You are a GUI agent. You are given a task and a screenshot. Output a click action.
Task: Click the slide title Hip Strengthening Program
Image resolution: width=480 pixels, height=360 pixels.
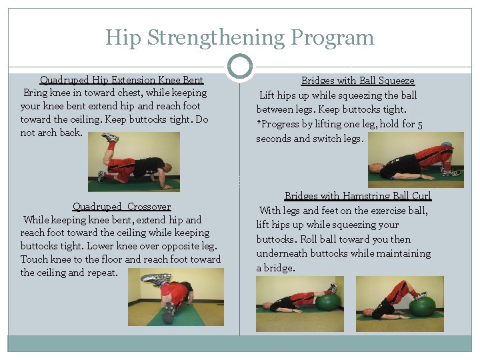pos(239,37)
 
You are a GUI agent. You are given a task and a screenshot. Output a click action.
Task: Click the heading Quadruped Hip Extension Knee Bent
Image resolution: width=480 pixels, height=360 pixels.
pos(121,81)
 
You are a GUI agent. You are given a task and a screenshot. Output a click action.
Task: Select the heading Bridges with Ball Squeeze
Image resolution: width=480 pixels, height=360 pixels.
pos(357,81)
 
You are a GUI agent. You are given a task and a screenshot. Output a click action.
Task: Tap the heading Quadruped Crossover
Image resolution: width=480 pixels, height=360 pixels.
pos(121,207)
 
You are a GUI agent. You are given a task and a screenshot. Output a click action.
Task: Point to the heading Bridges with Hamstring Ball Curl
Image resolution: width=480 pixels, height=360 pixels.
pos(357,196)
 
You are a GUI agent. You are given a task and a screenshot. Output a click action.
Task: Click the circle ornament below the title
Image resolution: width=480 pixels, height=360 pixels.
pos(240,67)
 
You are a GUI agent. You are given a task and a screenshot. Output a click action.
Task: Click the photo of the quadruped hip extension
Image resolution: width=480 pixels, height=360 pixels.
pos(133,161)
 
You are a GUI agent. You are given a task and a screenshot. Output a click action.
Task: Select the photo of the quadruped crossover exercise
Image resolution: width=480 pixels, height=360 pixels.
pos(167,297)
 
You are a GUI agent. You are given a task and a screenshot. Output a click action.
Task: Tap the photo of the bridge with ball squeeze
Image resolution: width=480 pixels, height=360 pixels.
pos(410,155)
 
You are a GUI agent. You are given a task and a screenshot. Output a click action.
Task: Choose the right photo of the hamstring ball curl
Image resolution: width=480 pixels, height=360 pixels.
pos(399,303)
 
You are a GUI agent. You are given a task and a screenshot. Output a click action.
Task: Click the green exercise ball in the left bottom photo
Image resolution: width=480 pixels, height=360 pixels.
pos(327,301)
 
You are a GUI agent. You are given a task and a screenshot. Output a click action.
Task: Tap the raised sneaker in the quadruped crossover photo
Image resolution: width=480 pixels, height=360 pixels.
pos(155,279)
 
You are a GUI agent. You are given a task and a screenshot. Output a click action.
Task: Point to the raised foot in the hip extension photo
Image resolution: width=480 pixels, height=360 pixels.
pos(109,139)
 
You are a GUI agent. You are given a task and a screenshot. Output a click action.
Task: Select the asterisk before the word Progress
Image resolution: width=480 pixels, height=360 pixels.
pos(259,125)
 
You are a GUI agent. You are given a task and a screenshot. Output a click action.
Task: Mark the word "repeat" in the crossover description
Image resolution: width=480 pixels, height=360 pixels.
pos(99,273)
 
